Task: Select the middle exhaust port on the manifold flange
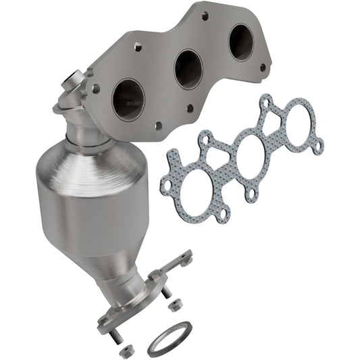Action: click(188, 69)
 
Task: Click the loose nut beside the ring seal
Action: click(175, 305)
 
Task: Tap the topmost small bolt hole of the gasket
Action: click(266, 103)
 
